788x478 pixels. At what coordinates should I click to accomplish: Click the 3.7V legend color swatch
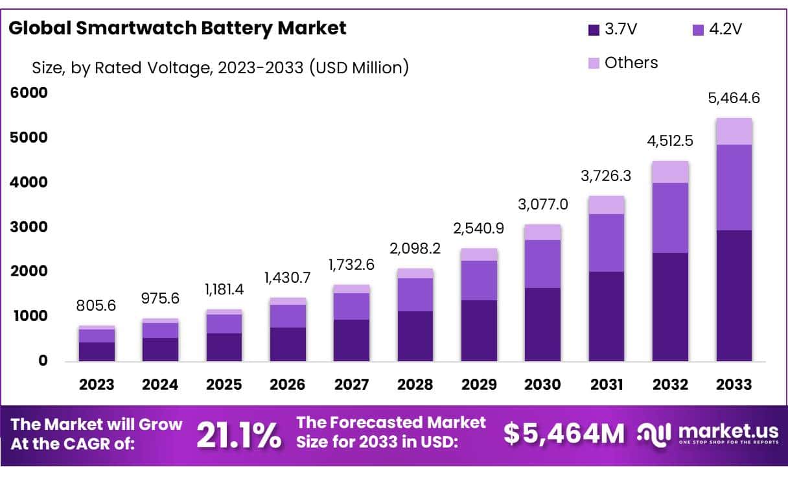[x=593, y=29]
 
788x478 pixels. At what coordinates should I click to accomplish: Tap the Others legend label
[x=631, y=63]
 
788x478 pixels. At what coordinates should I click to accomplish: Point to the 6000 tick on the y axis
[x=30, y=93]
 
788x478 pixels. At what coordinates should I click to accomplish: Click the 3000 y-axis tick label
[x=30, y=227]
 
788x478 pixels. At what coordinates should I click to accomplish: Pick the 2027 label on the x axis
[x=351, y=385]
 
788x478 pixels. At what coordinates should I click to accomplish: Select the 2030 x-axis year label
[x=542, y=385]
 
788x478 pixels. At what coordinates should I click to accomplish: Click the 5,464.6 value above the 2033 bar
[x=734, y=99]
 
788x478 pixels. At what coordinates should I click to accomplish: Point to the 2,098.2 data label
[x=415, y=250]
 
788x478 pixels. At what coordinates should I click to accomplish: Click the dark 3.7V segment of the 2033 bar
[x=734, y=295]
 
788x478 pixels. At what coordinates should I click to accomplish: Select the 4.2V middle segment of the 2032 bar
[x=670, y=218]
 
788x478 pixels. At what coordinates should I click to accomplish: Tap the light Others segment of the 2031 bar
[x=606, y=205]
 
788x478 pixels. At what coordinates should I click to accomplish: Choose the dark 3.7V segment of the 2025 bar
[x=224, y=347]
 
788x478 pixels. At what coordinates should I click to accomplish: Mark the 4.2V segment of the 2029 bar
[x=478, y=280]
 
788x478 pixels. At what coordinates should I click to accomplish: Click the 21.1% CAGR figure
[x=238, y=435]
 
